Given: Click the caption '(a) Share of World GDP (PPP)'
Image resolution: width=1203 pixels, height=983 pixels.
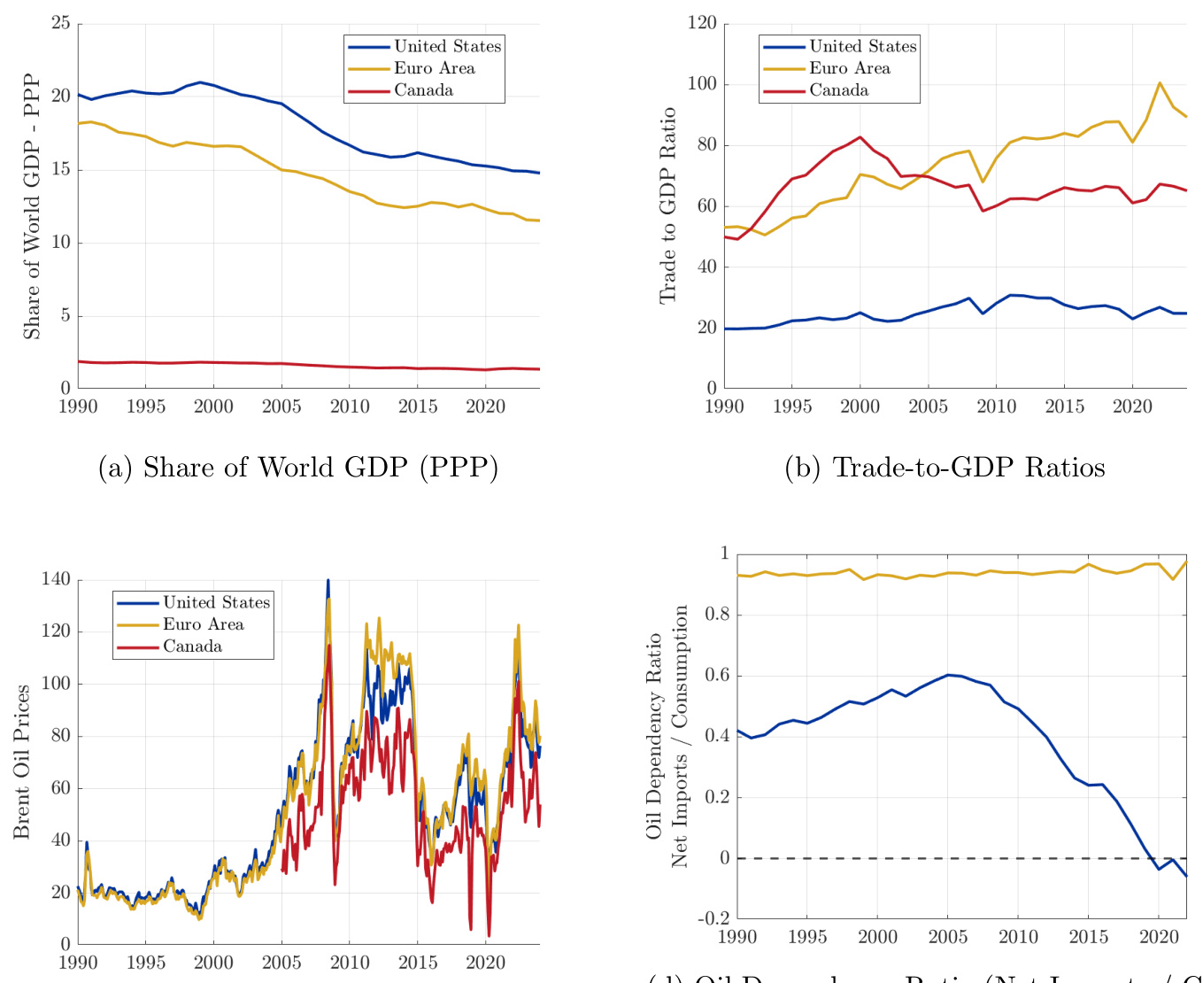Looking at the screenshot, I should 298,468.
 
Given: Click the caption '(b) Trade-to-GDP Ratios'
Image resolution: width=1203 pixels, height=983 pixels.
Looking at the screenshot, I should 945,468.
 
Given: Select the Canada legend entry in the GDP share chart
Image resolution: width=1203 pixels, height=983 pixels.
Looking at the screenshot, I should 423,90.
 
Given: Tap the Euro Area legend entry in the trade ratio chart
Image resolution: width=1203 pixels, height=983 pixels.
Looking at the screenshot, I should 849,68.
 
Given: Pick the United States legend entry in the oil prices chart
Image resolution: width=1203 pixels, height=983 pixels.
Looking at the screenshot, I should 216,602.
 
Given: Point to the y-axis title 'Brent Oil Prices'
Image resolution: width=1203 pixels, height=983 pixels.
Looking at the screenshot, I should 22,762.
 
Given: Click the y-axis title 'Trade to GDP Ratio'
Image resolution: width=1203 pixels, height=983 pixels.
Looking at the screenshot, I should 668,205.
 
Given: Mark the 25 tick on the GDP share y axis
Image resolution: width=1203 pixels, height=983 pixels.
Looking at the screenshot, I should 61,23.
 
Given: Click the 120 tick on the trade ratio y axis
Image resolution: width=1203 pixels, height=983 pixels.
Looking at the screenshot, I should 702,23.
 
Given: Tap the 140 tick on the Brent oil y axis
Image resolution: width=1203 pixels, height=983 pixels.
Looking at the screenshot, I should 55,579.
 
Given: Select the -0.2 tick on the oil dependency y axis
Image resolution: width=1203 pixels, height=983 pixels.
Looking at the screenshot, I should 713,918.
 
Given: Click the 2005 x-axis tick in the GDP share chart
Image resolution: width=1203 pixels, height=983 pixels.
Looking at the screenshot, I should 281,406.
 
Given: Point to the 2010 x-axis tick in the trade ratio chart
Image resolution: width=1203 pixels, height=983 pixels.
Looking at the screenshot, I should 996,406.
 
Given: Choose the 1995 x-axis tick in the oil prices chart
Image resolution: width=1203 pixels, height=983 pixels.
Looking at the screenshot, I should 146,963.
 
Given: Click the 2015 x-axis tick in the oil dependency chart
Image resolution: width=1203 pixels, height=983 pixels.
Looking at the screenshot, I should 1088,937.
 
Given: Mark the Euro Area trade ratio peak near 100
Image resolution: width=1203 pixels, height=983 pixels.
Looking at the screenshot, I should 1160,83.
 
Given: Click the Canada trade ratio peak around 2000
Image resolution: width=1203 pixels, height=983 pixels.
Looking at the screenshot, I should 860,137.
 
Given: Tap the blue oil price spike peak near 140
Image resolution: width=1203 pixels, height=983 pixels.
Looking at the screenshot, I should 328,581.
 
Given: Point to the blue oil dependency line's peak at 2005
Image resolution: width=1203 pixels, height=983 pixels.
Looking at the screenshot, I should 947,675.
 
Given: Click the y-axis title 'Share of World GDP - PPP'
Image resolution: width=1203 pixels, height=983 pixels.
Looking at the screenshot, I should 32,205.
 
